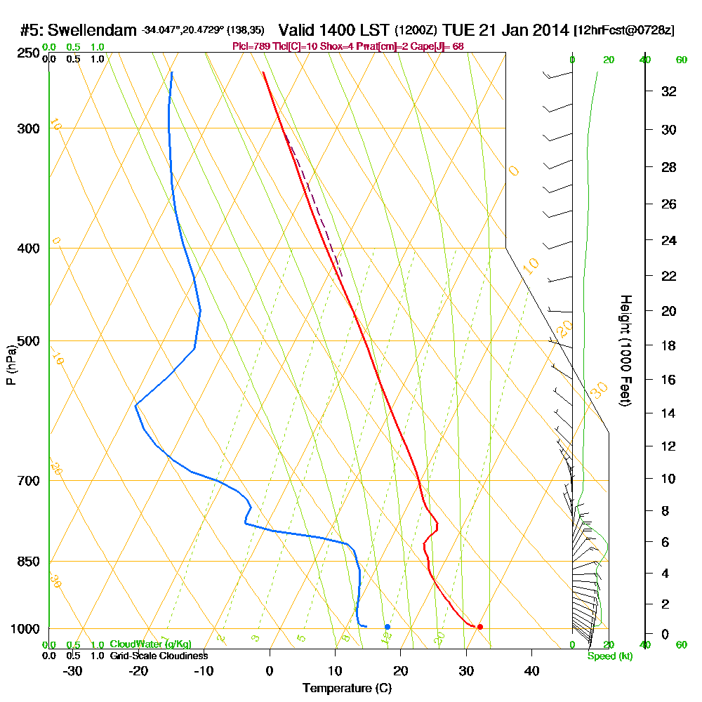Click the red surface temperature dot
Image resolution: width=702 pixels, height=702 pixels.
479,626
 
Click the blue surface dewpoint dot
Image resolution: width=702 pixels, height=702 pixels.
387,626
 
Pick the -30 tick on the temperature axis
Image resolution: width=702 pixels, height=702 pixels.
73,671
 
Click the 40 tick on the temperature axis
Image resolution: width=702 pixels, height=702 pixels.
532,671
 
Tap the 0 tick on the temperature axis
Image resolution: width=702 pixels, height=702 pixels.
270,671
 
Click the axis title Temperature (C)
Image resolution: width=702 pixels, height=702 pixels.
347,689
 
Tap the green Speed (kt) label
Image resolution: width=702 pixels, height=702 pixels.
610,656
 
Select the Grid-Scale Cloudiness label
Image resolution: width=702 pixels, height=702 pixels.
159,656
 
